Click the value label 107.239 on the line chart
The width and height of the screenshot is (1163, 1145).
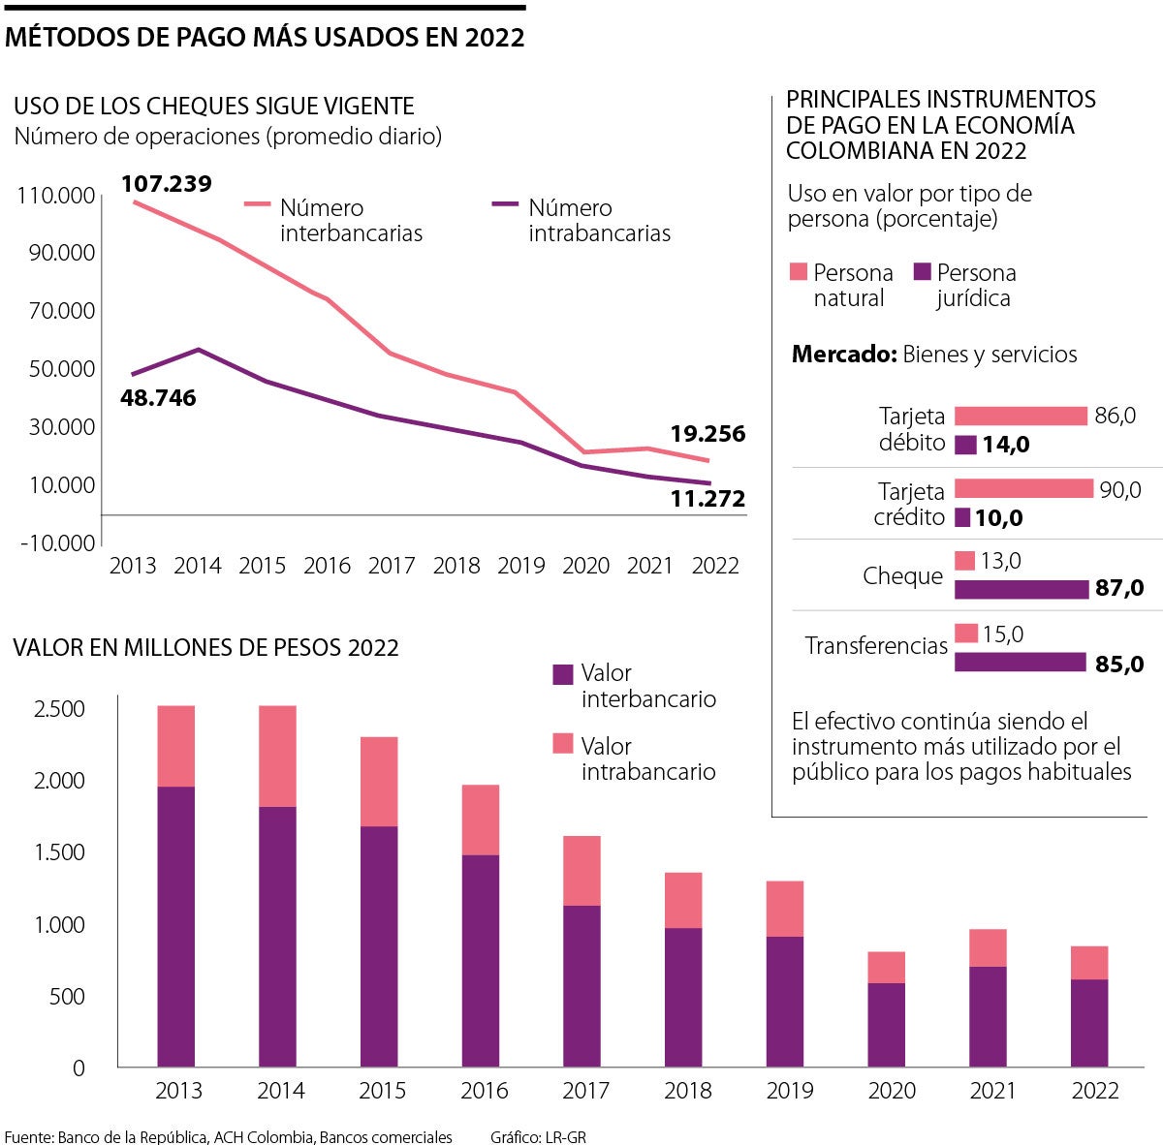[167, 183]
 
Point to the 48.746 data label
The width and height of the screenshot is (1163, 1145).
[158, 398]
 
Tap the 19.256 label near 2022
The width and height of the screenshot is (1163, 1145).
[707, 434]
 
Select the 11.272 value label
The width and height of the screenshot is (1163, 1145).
[707, 499]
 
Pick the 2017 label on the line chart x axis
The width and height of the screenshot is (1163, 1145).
[392, 566]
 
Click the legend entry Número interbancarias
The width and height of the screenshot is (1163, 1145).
[350, 220]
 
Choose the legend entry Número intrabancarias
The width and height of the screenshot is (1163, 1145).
[599, 220]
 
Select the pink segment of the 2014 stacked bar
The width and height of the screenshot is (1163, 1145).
[277, 756]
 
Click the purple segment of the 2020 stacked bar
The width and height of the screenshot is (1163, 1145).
[886, 1025]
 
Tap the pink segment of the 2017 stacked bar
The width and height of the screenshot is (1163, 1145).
[581, 870]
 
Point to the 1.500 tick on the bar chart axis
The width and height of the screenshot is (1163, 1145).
[60, 852]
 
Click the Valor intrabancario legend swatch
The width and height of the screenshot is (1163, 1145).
[563, 744]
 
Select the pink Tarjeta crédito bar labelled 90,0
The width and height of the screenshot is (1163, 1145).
[1023, 488]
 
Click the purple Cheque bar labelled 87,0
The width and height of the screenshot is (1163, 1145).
[1021, 589]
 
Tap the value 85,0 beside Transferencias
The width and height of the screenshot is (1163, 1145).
[1118, 665]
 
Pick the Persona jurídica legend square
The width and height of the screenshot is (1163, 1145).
[922, 272]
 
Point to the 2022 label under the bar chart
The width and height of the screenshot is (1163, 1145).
[1095, 1091]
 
